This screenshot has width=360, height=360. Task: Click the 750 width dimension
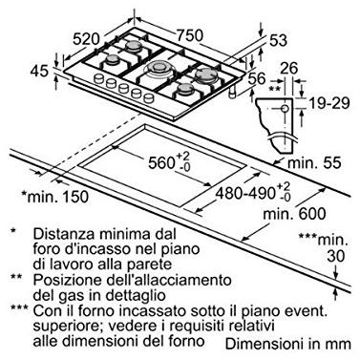pos(190,34)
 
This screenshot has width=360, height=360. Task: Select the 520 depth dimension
pos(86,39)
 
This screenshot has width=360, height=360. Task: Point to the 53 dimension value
pos(278,40)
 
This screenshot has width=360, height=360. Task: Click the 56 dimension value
pos(257,78)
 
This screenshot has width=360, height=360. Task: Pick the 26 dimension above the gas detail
pos(289,69)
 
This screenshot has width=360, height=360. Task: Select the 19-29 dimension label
pos(329,103)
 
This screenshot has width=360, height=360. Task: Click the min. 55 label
pos(314,163)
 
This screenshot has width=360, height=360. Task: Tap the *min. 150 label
pos(54,197)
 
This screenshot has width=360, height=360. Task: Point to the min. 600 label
pos(295,214)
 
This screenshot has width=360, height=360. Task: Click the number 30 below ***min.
pos(336,256)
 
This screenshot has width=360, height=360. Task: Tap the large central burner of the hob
pos(158,67)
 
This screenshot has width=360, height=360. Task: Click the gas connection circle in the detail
pos(285,109)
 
